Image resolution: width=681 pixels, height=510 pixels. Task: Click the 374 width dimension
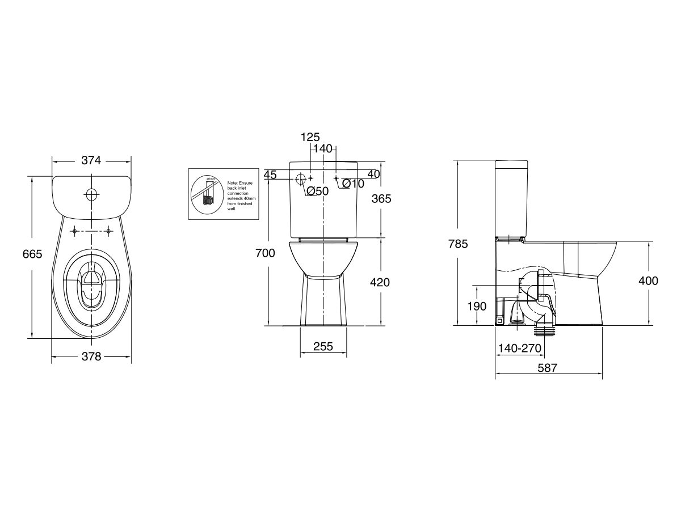pos(91,160)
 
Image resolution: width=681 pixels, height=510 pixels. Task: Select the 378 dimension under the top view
pos(91,356)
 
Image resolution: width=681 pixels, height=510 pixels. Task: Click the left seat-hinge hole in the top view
pos(74,231)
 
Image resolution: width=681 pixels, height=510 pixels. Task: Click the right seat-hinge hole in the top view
pos(108,231)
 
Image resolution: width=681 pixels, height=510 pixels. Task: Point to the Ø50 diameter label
pos(318,191)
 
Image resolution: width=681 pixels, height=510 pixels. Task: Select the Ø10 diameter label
pos(353,184)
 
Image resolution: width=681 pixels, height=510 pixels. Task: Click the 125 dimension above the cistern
pos(310,137)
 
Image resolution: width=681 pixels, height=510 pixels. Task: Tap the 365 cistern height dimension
pos(381,198)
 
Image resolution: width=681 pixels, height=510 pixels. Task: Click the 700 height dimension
pos(265,253)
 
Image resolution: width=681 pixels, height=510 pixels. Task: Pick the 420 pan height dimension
pos(380,282)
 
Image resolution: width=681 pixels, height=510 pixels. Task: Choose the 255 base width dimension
pos(322,346)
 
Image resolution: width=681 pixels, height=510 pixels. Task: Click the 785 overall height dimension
pos(458,244)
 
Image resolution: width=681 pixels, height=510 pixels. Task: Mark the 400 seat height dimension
pos(648,280)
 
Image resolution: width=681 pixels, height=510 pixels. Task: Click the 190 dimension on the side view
pos(477,306)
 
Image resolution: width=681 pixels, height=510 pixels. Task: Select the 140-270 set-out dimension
pos(519,348)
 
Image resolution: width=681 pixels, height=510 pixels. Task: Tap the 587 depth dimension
pos(548,368)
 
